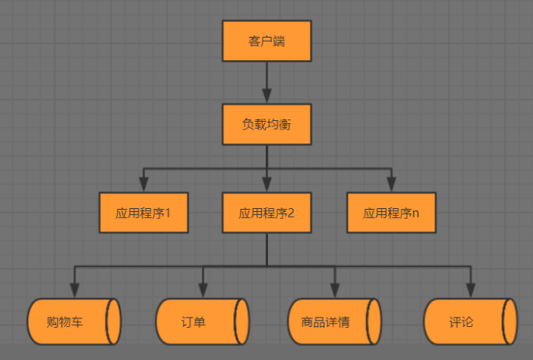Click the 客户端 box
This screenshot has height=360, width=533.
pyautogui.click(x=266, y=41)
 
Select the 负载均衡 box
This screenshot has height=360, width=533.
pyautogui.click(x=266, y=123)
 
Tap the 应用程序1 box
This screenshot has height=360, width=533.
pyautogui.click(x=143, y=213)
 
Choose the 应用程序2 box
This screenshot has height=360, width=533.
pyautogui.click(x=266, y=213)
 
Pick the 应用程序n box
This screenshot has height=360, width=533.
pyautogui.click(x=391, y=213)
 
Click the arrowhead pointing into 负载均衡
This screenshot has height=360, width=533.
pyautogui.click(x=266, y=96)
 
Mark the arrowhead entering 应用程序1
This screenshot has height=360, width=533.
pyautogui.click(x=143, y=185)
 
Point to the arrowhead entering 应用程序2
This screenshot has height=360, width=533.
pyautogui.click(x=266, y=185)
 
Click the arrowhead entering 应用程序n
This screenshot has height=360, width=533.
pyautogui.click(x=391, y=185)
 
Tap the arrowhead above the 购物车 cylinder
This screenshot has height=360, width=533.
pyautogui.click(x=75, y=291)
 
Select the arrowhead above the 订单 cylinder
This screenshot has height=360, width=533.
pyautogui.click(x=203, y=291)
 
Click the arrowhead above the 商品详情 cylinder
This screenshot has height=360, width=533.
pyautogui.click(x=335, y=291)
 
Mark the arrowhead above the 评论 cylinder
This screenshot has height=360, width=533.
pyautogui.click(x=470, y=291)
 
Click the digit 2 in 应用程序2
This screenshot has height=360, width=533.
pyautogui.click(x=290, y=213)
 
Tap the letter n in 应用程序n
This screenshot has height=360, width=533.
pyautogui.click(x=415, y=214)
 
